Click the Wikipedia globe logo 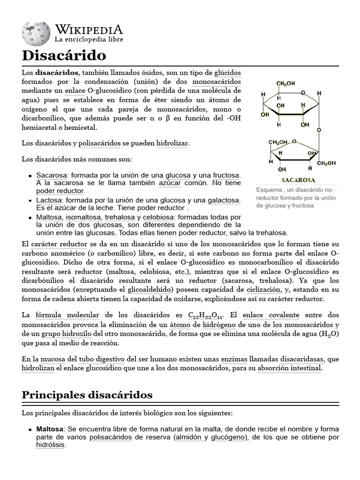click(36, 33)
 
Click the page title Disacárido click(64, 55)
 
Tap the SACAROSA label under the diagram click(298, 180)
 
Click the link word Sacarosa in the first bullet click(52, 175)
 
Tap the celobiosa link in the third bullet click(157, 217)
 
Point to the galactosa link click(224, 200)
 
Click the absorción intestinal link click(289, 368)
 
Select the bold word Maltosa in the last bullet click(50, 429)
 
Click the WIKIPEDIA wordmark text click(89, 30)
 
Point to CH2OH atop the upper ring click(285, 83)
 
